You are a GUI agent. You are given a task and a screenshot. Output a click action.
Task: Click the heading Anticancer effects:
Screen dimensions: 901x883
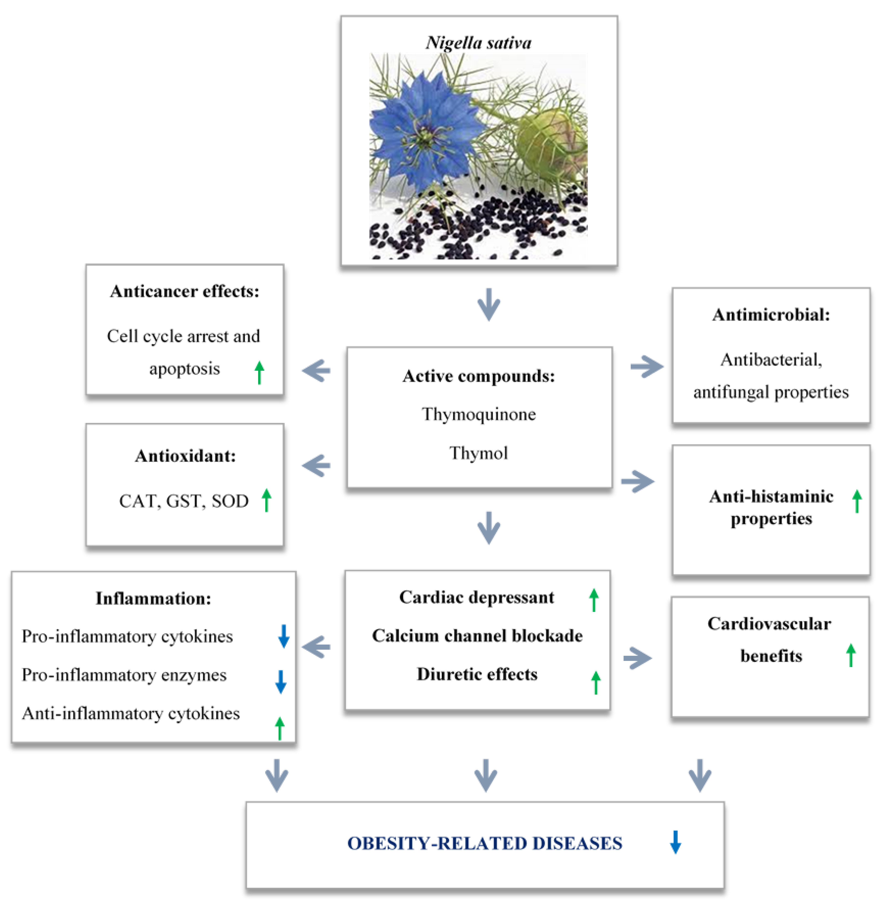click(x=185, y=291)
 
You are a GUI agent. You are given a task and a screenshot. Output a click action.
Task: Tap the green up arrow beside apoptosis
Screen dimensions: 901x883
click(x=259, y=373)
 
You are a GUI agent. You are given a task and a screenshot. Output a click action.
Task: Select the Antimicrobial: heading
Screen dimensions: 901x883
click(x=771, y=315)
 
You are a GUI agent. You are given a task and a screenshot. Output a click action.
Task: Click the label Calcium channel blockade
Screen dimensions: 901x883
click(x=477, y=636)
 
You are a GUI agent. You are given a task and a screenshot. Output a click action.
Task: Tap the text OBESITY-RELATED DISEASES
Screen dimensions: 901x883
click(x=485, y=843)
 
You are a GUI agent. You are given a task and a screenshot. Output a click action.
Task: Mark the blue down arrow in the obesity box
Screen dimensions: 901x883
click(x=675, y=842)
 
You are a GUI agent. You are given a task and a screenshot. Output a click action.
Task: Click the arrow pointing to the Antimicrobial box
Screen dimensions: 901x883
click(x=646, y=366)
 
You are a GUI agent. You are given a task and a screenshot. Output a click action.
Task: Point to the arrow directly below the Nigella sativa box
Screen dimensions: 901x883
click(x=489, y=304)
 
